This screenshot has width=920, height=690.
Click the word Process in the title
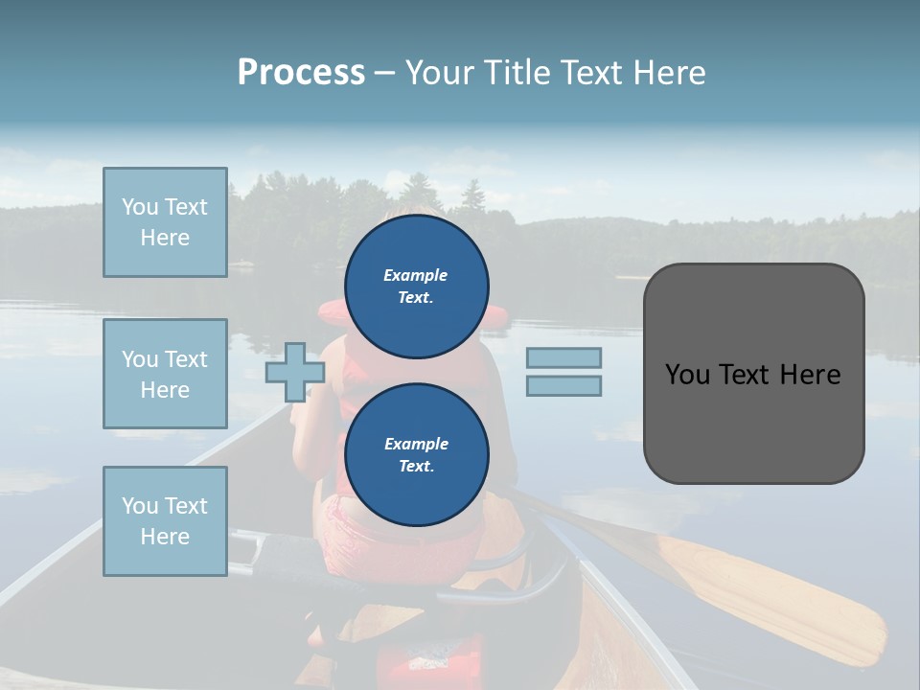(x=301, y=72)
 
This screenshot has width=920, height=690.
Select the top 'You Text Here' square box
(x=165, y=222)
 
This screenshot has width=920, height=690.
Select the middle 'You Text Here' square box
(x=165, y=374)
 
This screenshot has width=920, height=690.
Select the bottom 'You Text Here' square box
(x=165, y=521)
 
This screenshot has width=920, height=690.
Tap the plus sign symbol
(x=294, y=372)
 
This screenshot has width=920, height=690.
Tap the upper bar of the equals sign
(x=563, y=357)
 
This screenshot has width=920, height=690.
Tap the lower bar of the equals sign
(x=563, y=386)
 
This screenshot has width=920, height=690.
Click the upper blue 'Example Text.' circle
(x=417, y=286)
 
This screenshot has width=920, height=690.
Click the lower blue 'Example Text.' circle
(x=417, y=454)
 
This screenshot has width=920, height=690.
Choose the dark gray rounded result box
(x=753, y=374)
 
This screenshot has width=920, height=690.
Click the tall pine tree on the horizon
(x=472, y=197)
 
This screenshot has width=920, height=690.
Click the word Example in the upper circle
(x=415, y=275)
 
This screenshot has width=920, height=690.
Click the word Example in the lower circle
(x=416, y=444)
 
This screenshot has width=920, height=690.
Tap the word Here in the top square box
(x=165, y=238)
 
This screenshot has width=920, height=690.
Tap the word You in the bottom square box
(x=139, y=506)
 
